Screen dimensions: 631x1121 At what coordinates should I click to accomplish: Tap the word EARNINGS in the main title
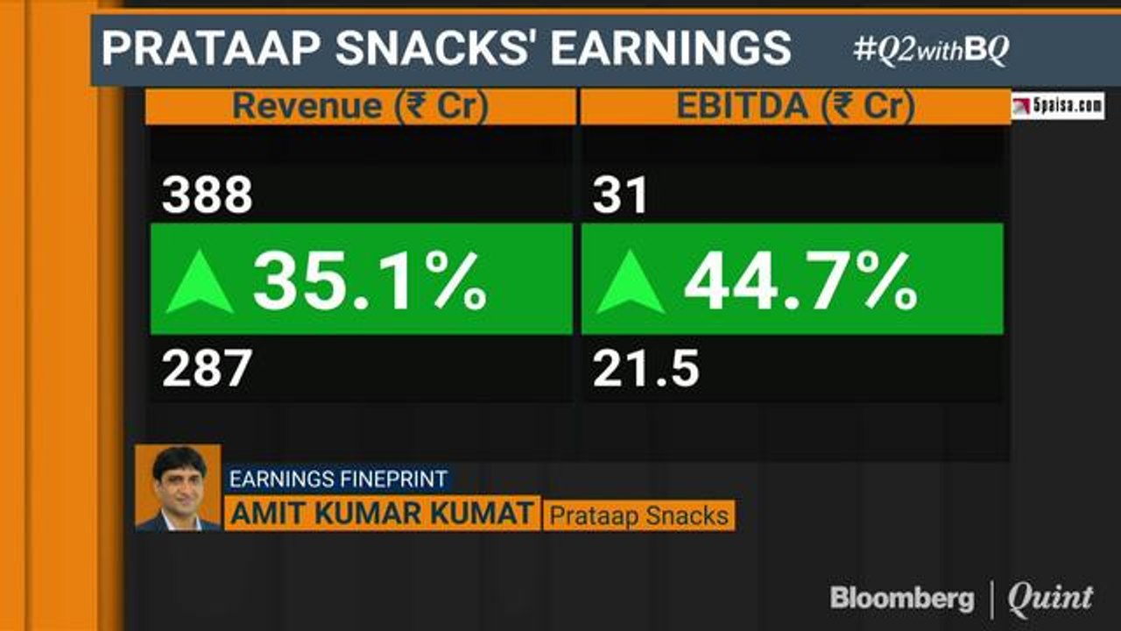coord(672,48)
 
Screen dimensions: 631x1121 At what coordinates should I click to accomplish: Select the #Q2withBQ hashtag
coord(931,51)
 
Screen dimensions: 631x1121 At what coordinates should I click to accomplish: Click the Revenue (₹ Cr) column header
coord(360,106)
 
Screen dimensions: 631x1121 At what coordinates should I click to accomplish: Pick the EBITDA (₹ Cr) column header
coord(795,106)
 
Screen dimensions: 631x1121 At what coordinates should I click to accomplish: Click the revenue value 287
coord(207,369)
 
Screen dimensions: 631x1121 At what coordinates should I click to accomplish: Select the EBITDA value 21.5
coord(646,369)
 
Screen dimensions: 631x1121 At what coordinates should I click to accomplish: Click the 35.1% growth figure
coord(370,280)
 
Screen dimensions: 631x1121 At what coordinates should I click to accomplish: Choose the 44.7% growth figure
coord(800,280)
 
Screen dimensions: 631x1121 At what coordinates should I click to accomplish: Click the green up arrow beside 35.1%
coord(200,282)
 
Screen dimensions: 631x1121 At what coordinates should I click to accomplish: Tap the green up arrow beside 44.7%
coord(631,282)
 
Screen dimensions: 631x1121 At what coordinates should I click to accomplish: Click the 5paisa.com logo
coord(1058,106)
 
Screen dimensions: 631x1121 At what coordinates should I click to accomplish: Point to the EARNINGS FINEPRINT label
coord(338,479)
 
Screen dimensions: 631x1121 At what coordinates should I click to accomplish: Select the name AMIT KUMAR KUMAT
coord(381,514)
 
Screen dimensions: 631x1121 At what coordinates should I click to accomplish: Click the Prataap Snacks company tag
coord(638,515)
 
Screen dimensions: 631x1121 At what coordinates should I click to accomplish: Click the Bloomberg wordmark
coord(901,599)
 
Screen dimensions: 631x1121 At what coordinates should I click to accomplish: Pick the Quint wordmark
coord(1050,599)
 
